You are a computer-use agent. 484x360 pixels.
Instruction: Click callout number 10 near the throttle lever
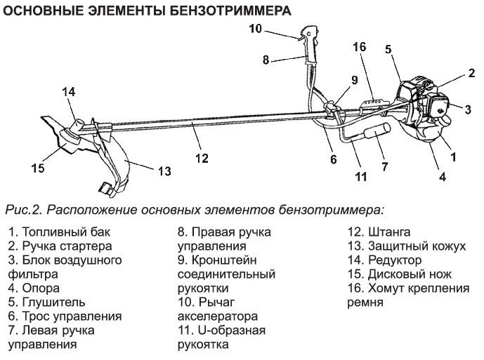pos(254,29)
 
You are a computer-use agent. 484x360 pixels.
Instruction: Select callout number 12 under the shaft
pos(202,159)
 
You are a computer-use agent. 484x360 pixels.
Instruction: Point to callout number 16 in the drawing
pos(359,47)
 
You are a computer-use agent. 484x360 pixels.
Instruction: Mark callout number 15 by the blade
pos(37,168)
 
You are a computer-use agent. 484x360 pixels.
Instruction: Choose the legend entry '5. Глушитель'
pos(48,302)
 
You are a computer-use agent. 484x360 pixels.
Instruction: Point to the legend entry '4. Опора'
pos(34,288)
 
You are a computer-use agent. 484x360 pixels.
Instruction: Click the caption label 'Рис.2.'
pos(24,209)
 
